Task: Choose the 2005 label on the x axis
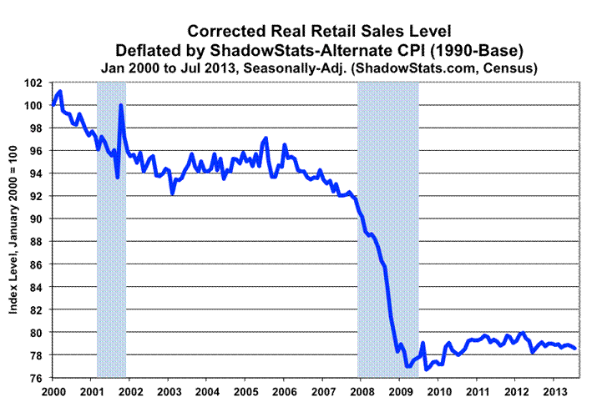pyautogui.click(x=245, y=390)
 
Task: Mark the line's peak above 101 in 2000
pyautogui.click(x=60, y=91)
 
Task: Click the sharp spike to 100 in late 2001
pyautogui.click(x=121, y=105)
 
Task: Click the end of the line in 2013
pyautogui.click(x=575, y=349)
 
